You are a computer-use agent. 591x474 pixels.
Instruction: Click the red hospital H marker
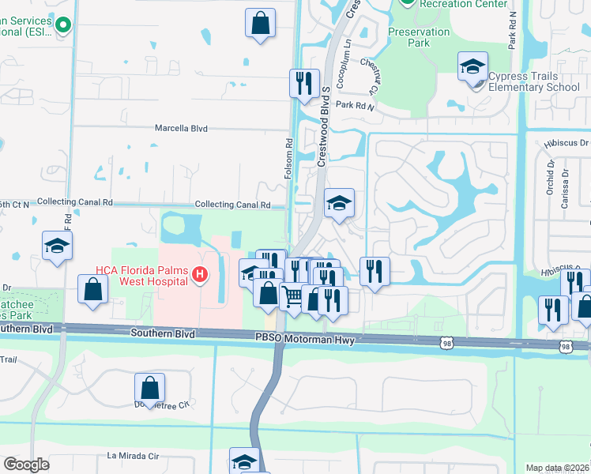point(200,275)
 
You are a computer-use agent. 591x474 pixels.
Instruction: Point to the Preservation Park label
point(419,37)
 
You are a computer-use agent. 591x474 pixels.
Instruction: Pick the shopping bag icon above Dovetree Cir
point(149,388)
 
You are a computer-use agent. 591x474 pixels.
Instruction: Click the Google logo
point(26,465)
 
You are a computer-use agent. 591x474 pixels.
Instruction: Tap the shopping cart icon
point(293,297)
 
